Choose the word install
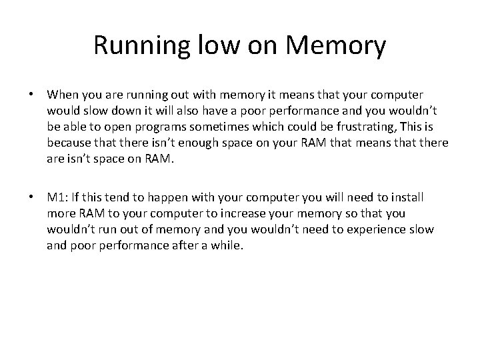click(407, 198)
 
